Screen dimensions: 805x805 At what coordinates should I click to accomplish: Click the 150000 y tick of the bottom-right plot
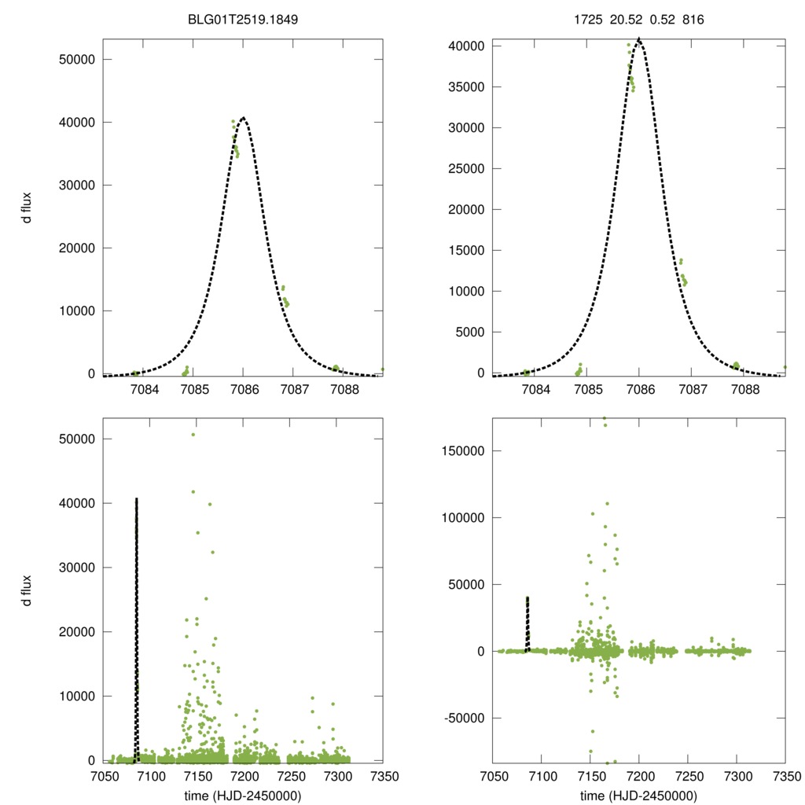(x=461, y=451)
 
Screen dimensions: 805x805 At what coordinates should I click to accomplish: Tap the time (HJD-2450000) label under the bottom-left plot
(x=243, y=795)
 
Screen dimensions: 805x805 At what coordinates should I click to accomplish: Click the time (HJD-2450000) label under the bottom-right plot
(x=638, y=795)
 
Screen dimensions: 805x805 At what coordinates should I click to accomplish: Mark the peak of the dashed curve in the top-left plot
(x=243, y=118)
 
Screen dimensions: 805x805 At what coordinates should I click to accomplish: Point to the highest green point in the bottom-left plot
(x=193, y=435)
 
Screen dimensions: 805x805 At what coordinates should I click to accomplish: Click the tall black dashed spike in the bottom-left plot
(x=136, y=629)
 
